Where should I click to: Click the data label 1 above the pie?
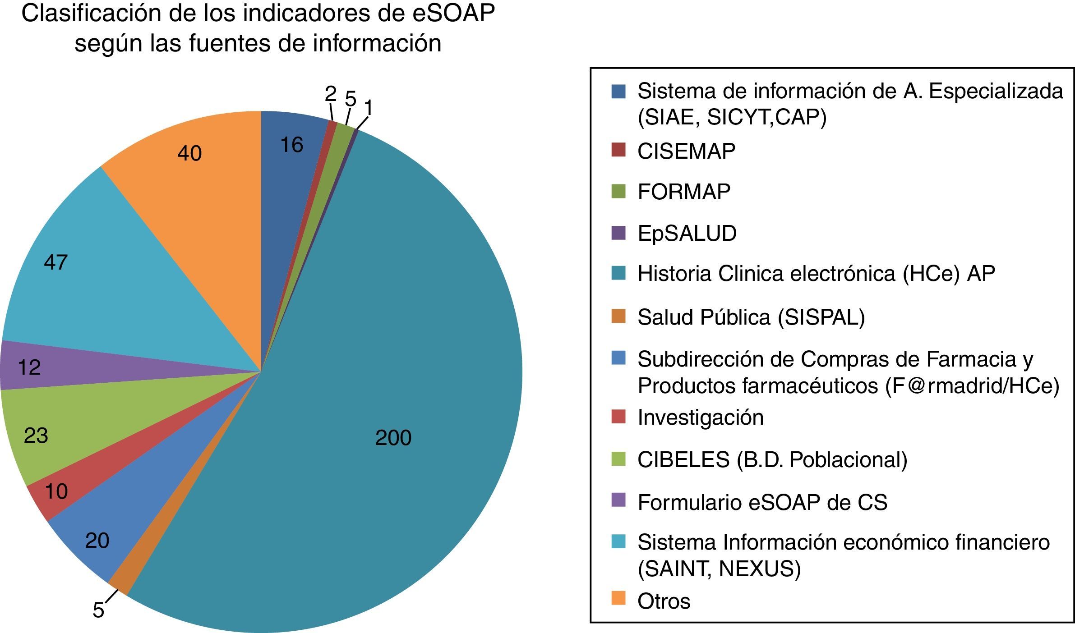[x=369, y=109]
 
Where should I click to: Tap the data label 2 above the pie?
[x=331, y=94]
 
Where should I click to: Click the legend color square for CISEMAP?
[x=618, y=150]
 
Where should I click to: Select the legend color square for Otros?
[x=618, y=599]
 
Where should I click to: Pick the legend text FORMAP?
[x=684, y=192]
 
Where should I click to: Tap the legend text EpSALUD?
[x=687, y=234]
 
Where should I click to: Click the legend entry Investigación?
[x=701, y=417]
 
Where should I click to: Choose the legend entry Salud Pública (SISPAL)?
[x=751, y=317]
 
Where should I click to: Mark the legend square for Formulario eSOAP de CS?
[x=618, y=500]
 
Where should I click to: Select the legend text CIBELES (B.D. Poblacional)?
[x=772, y=460]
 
